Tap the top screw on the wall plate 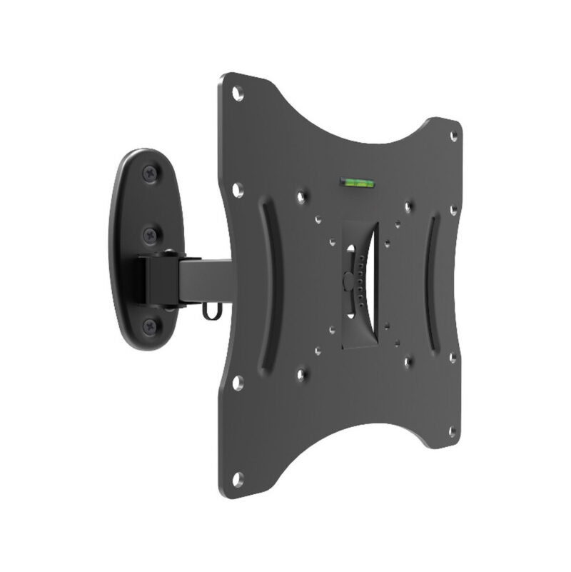pyautogui.click(x=150, y=171)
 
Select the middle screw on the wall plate pyautogui.click(x=149, y=233)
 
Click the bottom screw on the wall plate pyautogui.click(x=150, y=326)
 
